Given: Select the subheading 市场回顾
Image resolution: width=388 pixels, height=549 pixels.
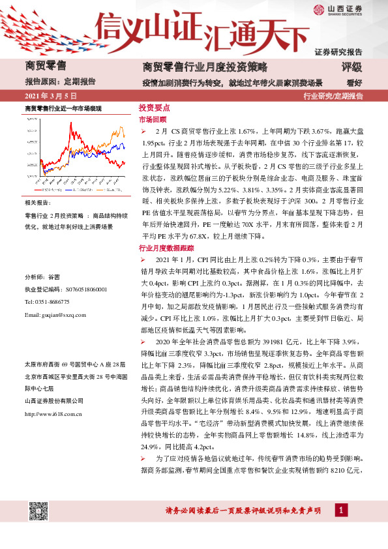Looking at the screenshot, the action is [x=153, y=120].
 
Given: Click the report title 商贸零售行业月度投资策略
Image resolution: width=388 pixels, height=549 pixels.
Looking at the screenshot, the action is [x=195, y=67].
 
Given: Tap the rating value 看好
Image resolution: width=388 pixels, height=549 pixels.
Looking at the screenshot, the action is [x=354, y=82].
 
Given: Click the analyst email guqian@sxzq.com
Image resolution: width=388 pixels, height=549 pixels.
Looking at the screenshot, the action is [x=55, y=315].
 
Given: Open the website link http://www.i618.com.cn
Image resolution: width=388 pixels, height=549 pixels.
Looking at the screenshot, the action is [x=52, y=413].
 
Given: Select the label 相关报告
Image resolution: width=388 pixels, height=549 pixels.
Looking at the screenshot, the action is [x=37, y=203].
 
